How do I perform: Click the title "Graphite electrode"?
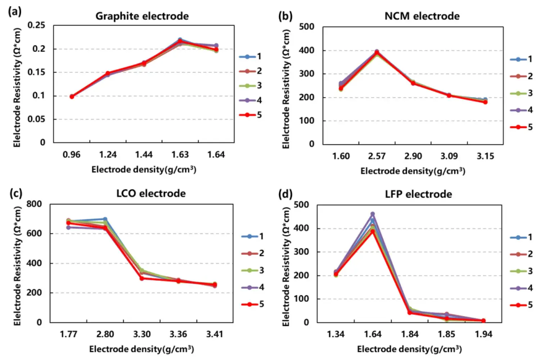point(142,16)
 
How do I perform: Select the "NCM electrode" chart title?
point(422,16)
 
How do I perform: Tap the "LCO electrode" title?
point(151,194)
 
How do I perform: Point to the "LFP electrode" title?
point(418,194)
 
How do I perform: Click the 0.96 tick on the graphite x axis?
point(71,155)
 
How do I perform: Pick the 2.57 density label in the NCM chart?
point(377,156)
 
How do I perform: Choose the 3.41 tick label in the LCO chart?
point(215,334)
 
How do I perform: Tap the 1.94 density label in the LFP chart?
point(483,334)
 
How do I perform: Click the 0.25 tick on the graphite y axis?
point(36,25)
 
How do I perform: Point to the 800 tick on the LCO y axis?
point(34,204)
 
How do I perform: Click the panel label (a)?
point(15,12)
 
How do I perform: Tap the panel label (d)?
point(285,194)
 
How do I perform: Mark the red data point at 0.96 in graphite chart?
point(72,96)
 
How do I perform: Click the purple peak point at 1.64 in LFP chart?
point(373,214)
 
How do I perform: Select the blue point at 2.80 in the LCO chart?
point(105,219)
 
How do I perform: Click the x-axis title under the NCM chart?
point(413,171)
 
